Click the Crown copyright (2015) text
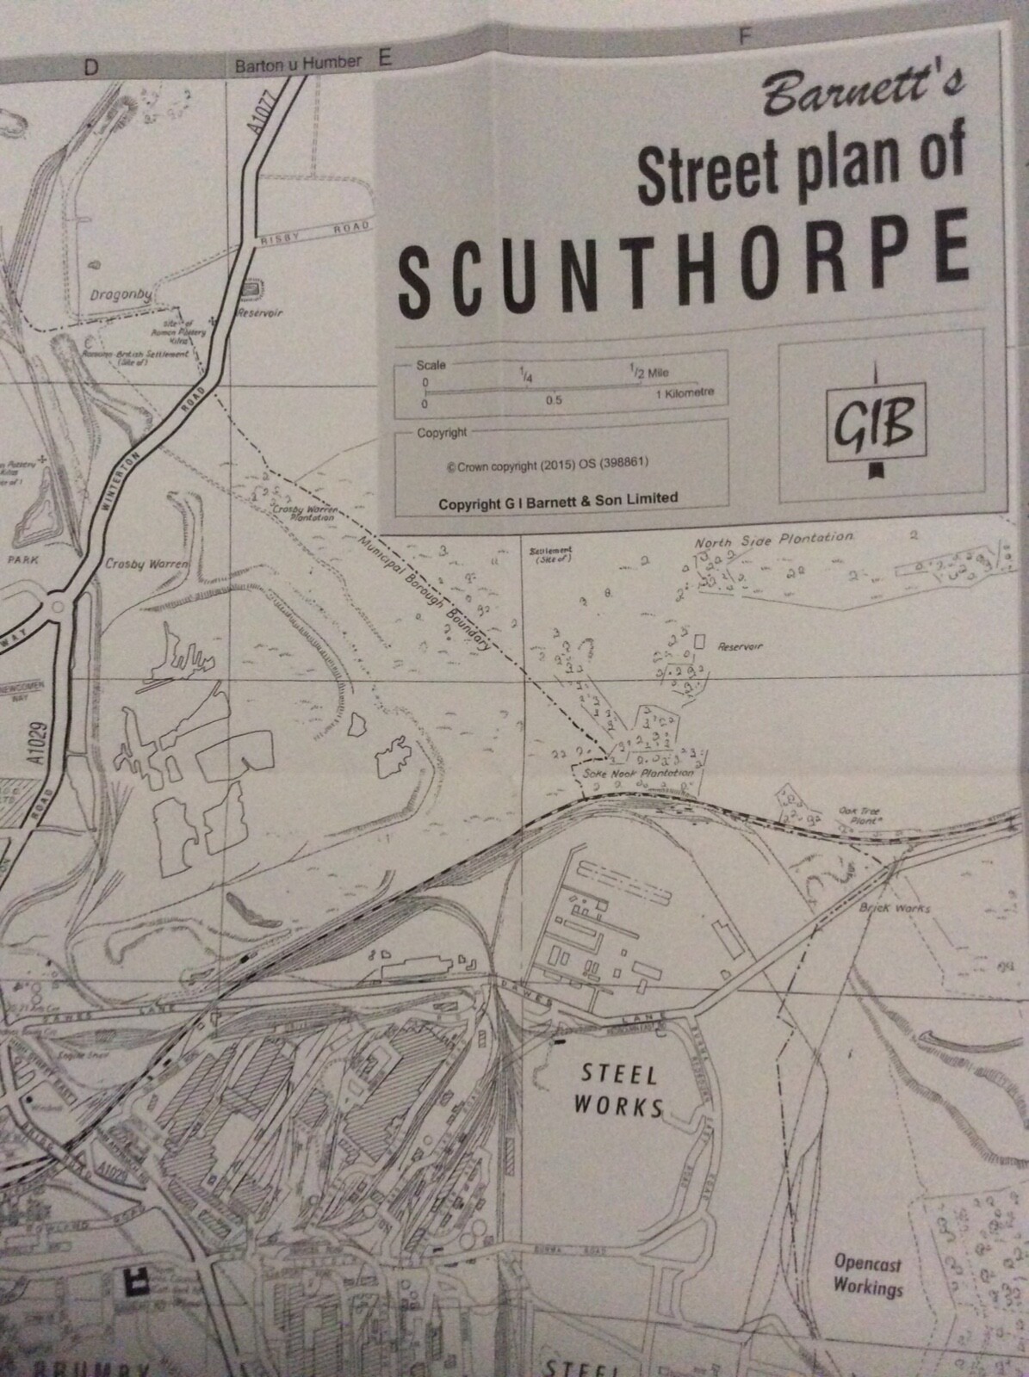pyautogui.click(x=548, y=463)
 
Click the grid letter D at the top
pyautogui.click(x=90, y=69)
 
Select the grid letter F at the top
pyautogui.click(x=746, y=36)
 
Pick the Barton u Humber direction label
pyautogui.click(x=301, y=64)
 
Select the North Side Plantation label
pyautogui.click(x=774, y=540)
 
